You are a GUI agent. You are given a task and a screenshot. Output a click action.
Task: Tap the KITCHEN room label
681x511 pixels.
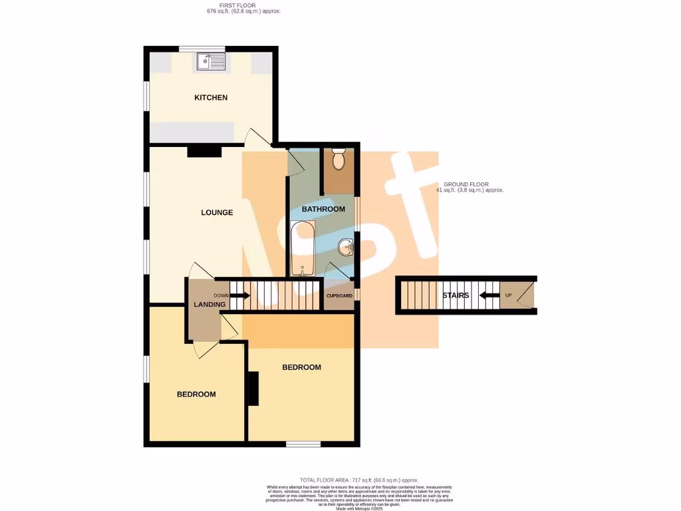tap(211, 98)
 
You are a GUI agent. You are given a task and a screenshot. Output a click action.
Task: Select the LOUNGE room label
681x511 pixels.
tap(217, 213)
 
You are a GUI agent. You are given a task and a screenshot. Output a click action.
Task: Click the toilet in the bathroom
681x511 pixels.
tap(339, 160)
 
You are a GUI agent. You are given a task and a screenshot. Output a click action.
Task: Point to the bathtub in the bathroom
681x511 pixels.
tap(303, 248)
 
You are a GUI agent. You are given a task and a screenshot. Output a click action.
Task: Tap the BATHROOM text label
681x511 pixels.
tap(323, 209)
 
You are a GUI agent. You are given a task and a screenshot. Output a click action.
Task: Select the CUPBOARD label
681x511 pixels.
tap(339, 295)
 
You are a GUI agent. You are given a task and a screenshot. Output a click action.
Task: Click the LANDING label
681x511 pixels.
tap(209, 305)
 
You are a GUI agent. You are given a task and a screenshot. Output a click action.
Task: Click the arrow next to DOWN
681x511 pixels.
tap(241, 295)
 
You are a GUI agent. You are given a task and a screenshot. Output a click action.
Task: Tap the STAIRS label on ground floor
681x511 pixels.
tap(456, 295)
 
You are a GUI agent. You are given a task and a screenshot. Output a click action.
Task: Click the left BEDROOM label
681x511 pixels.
tap(196, 395)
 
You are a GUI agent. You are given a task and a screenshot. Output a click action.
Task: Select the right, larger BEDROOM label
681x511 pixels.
tap(301, 367)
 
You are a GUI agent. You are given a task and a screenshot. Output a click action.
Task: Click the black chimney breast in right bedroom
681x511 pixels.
tap(253, 389)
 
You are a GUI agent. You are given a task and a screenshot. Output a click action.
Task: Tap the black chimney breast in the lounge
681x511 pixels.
tap(204, 152)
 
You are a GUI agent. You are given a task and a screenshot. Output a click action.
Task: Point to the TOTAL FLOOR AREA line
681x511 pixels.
tap(358, 480)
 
